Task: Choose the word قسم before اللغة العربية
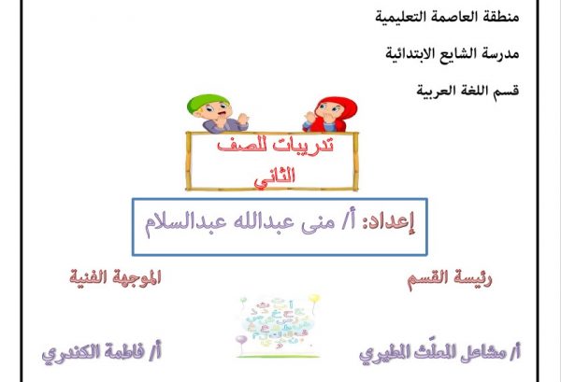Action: (506, 91)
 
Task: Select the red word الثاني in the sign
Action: (274, 176)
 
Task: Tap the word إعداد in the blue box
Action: (389, 222)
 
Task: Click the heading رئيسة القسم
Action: (450, 278)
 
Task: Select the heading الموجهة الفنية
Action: (116, 277)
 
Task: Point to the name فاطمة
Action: (123, 352)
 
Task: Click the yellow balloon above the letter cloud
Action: (314, 298)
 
